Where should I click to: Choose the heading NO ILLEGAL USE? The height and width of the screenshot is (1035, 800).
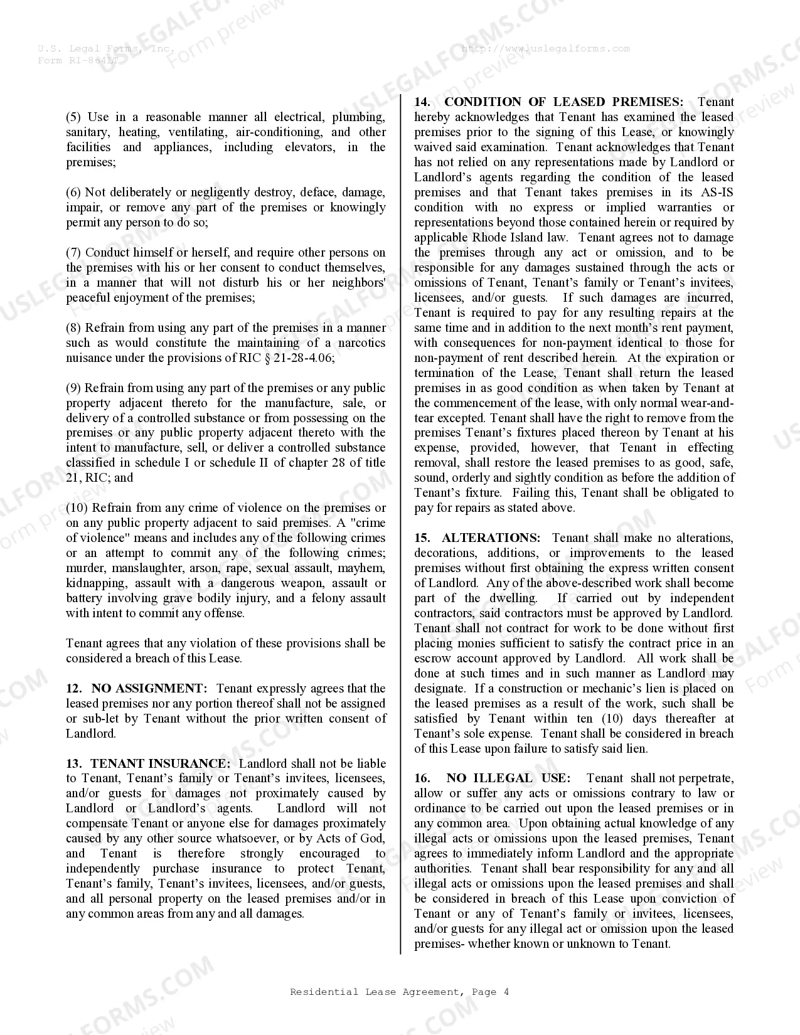tap(508, 778)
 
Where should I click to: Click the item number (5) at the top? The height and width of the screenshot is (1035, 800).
tap(74, 117)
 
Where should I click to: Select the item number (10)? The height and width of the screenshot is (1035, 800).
tap(78, 508)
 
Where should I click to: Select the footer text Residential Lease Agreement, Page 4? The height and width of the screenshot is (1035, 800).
tap(399, 992)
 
